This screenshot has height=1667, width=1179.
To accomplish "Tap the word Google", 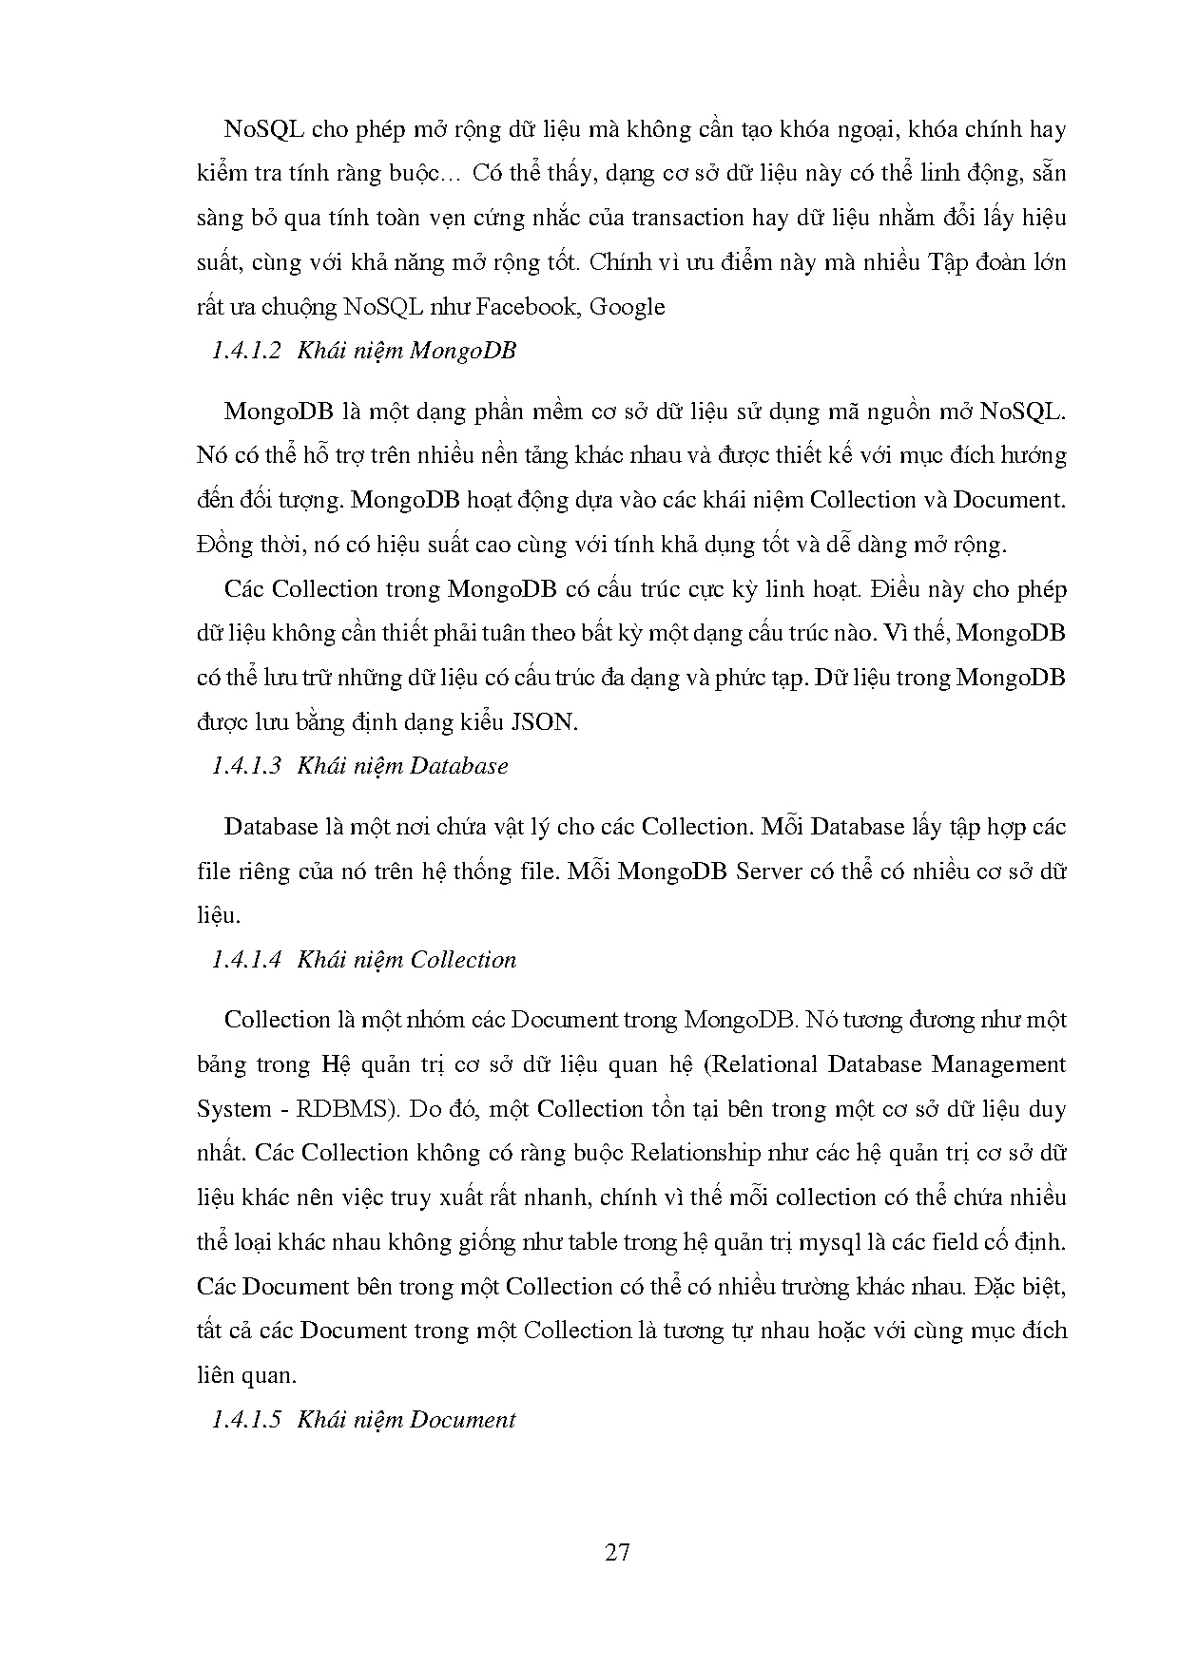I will tap(628, 307).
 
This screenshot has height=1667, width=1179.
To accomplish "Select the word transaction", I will tap(636, 218).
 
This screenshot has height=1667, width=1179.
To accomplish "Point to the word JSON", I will tap(544, 722).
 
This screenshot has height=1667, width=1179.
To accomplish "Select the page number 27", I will tap(617, 1553).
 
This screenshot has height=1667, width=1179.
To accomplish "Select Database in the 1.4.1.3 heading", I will tap(458, 766).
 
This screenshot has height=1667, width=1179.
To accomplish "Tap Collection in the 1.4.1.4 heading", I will tap(463, 960).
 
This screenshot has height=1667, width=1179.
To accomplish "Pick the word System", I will tap(233, 1109).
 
